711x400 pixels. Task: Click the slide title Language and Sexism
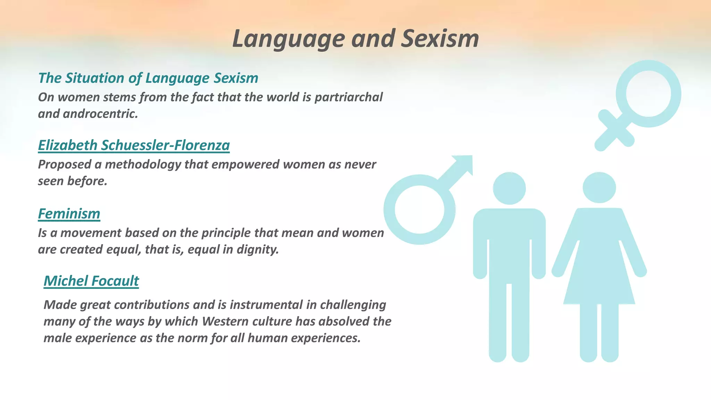355,39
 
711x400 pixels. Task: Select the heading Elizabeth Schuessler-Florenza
134,145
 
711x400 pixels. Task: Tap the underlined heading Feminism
69,214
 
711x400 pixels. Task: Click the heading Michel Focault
91,281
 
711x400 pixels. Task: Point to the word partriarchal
348,97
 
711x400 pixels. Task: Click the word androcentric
100,114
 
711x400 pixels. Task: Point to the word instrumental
266,305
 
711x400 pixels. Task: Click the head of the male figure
509,189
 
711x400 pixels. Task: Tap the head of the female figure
599,188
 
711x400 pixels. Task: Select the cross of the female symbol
614,131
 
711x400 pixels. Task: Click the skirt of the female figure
599,278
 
